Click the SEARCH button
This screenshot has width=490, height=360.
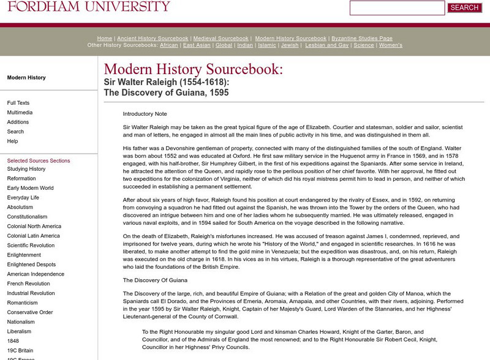pyautogui.click(x=464, y=8)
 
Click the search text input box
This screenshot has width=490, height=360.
pyautogui.click(x=397, y=8)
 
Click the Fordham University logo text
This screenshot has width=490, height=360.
pyautogui.click(x=85, y=6)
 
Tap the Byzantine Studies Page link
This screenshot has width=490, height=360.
pyautogui.click(x=361, y=38)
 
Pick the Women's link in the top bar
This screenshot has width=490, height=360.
pyautogui.click(x=390, y=45)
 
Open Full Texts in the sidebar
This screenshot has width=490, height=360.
pyautogui.click(x=18, y=103)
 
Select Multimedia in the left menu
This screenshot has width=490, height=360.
pyautogui.click(x=20, y=113)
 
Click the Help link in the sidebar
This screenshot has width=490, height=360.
pyautogui.click(x=12, y=141)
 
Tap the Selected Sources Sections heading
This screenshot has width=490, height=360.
pyautogui.click(x=39, y=160)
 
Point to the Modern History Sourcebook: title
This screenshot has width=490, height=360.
pyautogui.click(x=194, y=69)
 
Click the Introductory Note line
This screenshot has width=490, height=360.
pyautogui.click(x=145, y=114)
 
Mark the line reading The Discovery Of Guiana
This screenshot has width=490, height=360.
pyautogui.click(x=154, y=280)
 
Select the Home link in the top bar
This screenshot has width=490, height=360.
pyautogui.click(x=104, y=38)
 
